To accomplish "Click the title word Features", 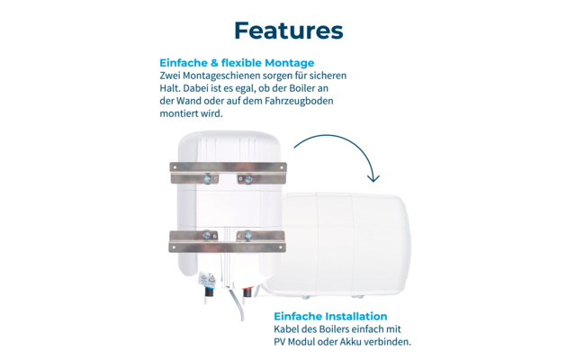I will [x=288, y=30].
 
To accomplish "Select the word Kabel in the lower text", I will [x=289, y=329].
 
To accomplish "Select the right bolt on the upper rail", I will [x=242, y=178].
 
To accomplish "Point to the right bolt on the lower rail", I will [x=243, y=237].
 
